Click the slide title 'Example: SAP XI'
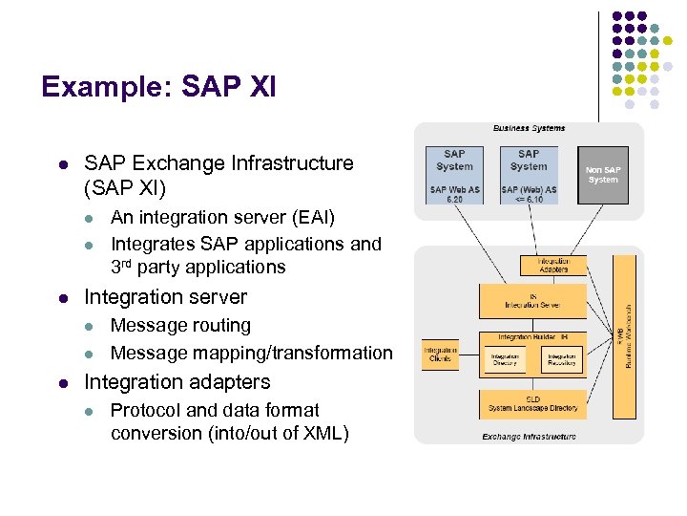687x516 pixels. point(158,88)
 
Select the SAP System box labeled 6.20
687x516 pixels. point(454,174)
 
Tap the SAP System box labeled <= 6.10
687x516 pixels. point(529,174)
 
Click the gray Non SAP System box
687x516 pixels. point(602,174)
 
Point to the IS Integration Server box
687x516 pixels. point(532,300)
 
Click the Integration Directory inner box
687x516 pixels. point(505,360)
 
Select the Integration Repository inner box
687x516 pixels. point(560,360)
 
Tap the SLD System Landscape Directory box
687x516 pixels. point(532,404)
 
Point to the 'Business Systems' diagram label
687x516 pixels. point(529,128)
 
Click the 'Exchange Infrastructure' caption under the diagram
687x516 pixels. point(529,437)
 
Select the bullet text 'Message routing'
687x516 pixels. point(180,326)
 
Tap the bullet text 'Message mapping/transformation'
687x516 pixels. point(251,353)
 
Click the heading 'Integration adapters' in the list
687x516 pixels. point(177,382)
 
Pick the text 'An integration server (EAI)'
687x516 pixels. point(222,218)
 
